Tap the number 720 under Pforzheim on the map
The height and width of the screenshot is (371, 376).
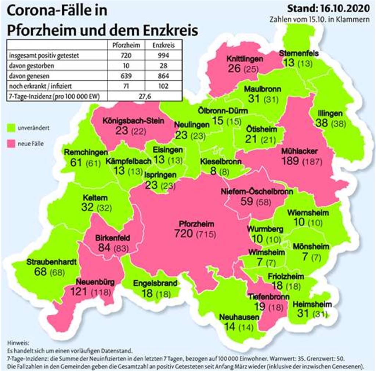click(x=184, y=233)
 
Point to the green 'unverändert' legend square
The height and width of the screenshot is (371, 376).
click(x=11, y=128)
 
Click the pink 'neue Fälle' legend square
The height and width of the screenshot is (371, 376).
click(x=11, y=143)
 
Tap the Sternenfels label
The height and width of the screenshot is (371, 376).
click(x=299, y=54)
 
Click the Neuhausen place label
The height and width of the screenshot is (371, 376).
click(x=239, y=317)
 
